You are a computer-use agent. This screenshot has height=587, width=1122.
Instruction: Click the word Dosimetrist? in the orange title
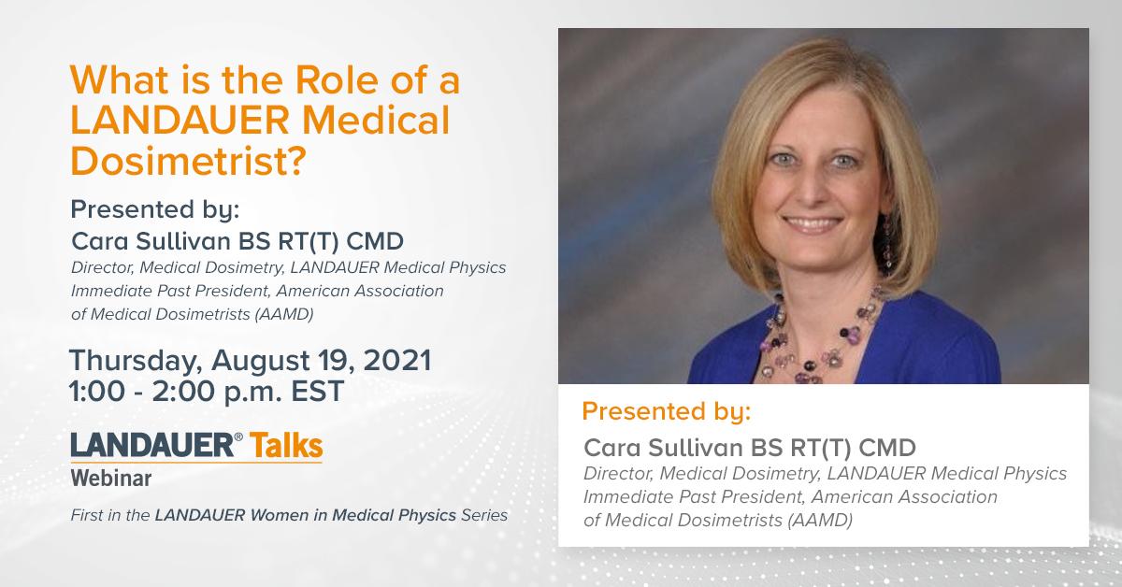pos(188,160)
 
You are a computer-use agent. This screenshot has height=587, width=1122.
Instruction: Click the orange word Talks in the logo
pos(286,445)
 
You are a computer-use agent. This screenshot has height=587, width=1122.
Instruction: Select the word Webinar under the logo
pos(111,479)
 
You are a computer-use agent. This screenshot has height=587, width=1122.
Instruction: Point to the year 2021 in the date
pos(397,360)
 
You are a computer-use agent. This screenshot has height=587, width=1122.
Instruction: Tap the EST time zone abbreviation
pos(318,391)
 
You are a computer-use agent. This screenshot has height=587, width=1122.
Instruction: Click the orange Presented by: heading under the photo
pos(667,412)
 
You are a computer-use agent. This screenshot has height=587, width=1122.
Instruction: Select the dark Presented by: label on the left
pos(155,210)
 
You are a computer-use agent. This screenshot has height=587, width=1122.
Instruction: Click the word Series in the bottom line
pos(484,515)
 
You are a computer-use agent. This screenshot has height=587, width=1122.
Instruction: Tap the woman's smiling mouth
pos(812,223)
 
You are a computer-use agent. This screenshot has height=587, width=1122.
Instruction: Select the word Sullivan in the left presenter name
pos(183,241)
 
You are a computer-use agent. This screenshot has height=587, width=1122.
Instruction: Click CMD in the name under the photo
pos(887,448)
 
